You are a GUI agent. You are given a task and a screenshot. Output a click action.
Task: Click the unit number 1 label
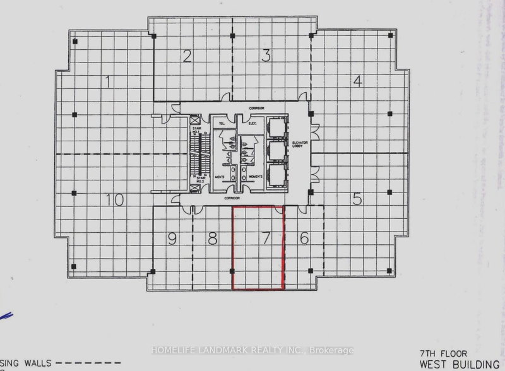109,81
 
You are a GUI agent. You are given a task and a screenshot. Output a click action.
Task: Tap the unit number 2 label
187,57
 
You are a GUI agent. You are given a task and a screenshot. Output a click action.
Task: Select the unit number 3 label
267,56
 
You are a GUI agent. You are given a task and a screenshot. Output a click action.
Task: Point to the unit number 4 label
357,81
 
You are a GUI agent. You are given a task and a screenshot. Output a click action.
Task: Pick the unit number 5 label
357,200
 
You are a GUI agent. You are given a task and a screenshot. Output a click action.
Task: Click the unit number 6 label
304,238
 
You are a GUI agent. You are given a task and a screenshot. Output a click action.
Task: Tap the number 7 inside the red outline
266,238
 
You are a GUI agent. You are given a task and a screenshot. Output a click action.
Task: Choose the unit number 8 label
213,238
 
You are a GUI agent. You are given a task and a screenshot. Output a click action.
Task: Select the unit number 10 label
114,201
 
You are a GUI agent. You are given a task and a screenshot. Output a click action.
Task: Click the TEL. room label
222,124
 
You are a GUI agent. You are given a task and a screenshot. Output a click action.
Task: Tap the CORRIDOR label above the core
255,109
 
